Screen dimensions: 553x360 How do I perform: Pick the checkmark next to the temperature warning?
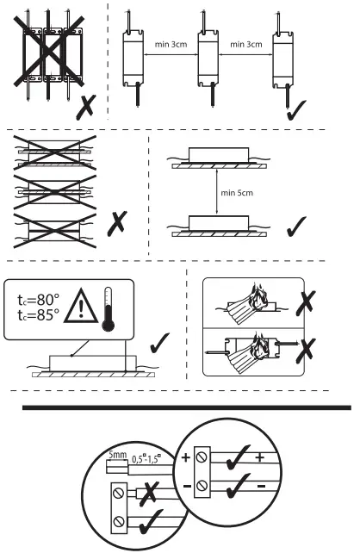(159, 346)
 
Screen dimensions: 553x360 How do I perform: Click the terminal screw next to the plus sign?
(202, 457)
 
